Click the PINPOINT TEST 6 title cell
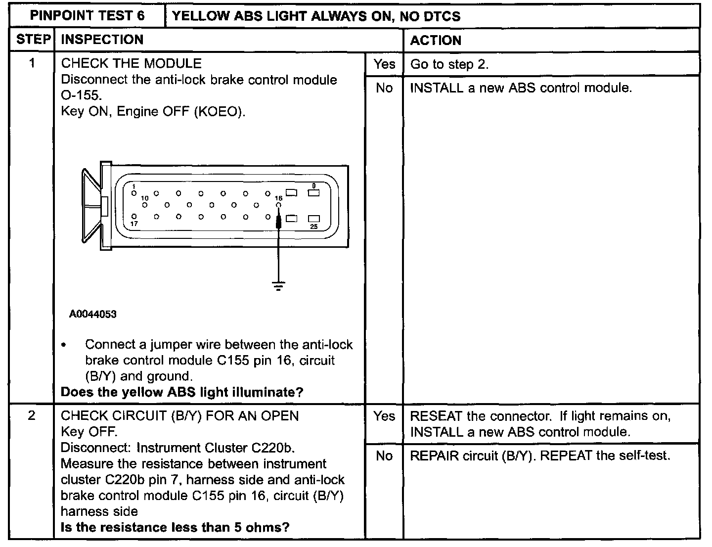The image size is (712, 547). pyautogui.click(x=88, y=16)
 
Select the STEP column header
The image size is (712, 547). pyautogui.click(x=33, y=40)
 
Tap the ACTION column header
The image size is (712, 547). pyautogui.click(x=436, y=41)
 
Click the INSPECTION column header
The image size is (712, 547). pyautogui.click(x=102, y=40)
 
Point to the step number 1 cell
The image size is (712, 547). pyautogui.click(x=32, y=63)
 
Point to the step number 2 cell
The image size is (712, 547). pyautogui.click(x=32, y=415)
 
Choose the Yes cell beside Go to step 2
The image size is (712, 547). pyautogui.click(x=384, y=64)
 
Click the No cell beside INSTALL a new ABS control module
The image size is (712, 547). pyautogui.click(x=384, y=88)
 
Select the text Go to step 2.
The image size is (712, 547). pyautogui.click(x=449, y=64)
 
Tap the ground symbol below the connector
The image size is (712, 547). pyautogui.click(x=279, y=285)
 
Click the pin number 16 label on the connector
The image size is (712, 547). pyautogui.click(x=278, y=198)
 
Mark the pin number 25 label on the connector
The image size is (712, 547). pyautogui.click(x=314, y=227)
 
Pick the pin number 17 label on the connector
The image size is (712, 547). pyautogui.click(x=134, y=224)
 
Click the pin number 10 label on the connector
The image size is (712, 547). pyautogui.click(x=145, y=198)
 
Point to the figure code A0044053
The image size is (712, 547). pyautogui.click(x=93, y=314)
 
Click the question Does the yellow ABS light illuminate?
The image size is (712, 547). pyautogui.click(x=182, y=392)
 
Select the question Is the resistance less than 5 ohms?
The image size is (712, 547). pyautogui.click(x=175, y=527)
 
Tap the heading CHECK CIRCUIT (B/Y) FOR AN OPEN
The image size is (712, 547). pyautogui.click(x=180, y=415)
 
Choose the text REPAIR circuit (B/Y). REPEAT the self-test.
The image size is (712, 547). pyautogui.click(x=540, y=456)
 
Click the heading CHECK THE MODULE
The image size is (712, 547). pyautogui.click(x=131, y=63)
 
